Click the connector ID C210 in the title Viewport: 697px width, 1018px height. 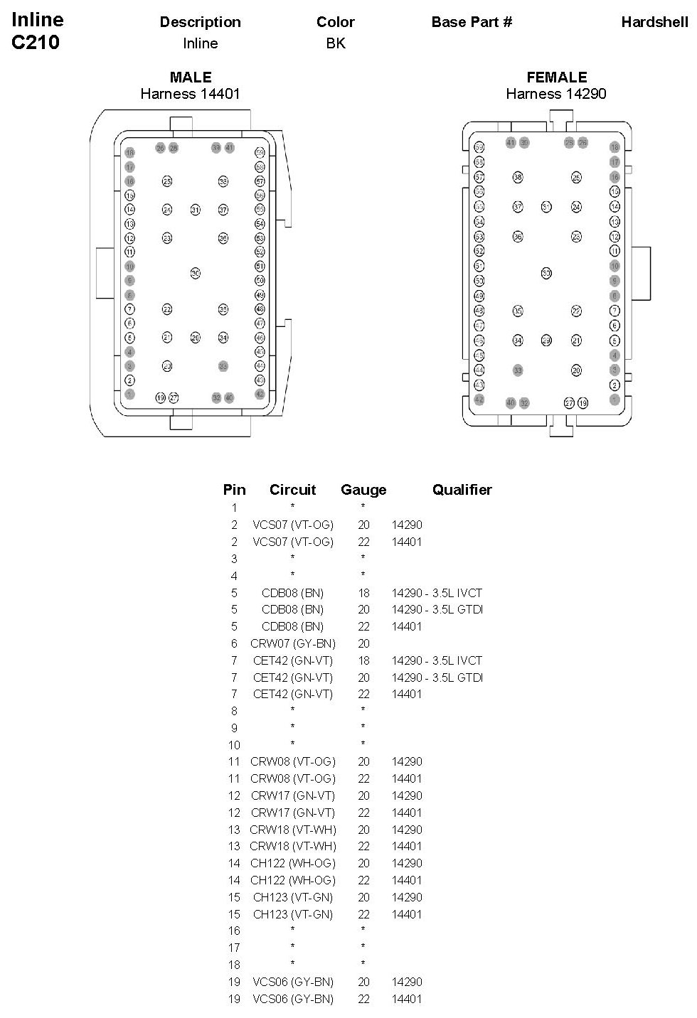36,43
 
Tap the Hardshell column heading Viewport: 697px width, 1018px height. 654,22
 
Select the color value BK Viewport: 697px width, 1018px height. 336,43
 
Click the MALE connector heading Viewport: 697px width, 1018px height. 191,77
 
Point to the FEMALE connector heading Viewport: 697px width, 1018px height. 556,77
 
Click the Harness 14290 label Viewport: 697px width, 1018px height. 556,94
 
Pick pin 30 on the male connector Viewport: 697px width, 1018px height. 195,273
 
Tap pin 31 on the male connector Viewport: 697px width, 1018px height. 195,210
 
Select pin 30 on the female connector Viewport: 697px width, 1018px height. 546,273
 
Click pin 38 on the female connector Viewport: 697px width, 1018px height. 518,177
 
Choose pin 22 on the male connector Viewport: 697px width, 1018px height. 167,309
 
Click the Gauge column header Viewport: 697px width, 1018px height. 363,490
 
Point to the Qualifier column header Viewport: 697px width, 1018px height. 462,490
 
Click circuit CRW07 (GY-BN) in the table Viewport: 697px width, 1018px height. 293,643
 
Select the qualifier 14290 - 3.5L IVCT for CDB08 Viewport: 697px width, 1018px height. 437,593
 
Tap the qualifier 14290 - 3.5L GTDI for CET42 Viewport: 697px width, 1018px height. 437,677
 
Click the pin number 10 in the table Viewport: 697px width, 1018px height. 234,745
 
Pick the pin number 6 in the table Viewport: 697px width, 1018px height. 234,643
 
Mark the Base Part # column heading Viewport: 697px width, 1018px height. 472,22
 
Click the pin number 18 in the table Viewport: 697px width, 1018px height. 234,965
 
